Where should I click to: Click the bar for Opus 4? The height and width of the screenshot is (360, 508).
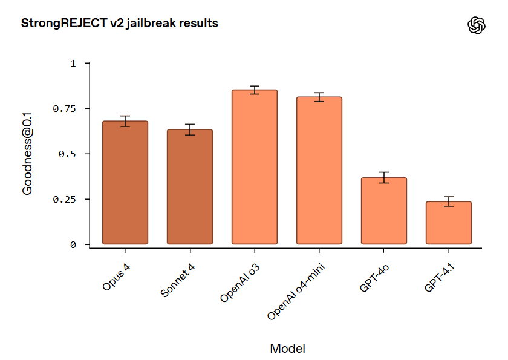click(125, 183)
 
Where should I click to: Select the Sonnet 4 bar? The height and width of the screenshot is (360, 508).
click(190, 186)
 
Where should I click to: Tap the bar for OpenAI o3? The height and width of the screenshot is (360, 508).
click(255, 167)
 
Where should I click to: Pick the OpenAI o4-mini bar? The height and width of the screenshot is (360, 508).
click(319, 171)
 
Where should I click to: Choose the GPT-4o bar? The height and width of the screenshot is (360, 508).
click(384, 211)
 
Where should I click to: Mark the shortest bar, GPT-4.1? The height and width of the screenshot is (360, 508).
click(449, 223)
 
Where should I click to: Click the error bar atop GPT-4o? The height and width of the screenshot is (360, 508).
click(384, 177)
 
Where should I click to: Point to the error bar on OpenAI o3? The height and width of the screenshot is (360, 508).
click(255, 90)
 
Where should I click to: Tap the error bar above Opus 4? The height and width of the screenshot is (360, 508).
click(125, 121)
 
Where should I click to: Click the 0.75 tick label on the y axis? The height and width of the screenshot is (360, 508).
click(64, 108)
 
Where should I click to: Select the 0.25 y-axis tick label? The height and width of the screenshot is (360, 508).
click(64, 199)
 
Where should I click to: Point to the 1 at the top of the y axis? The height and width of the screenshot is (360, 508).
click(73, 63)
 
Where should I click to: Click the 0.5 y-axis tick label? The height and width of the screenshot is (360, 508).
click(67, 154)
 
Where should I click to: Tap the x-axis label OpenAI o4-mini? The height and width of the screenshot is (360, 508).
click(296, 291)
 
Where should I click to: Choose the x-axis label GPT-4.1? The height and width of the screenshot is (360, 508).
click(439, 277)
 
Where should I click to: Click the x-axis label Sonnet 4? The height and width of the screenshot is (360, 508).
click(178, 280)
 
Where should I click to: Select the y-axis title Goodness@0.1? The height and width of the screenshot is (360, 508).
click(27, 154)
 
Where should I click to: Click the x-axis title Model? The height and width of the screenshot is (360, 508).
click(288, 349)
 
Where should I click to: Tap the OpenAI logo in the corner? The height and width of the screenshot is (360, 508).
click(477, 25)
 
